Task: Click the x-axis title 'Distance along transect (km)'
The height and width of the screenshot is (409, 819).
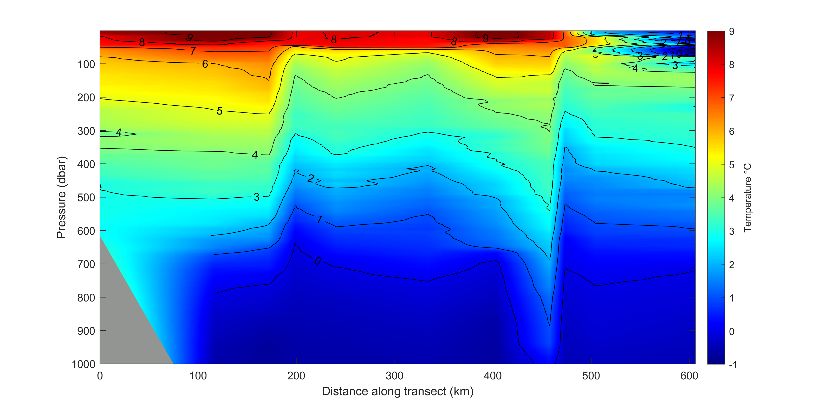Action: click(x=398, y=391)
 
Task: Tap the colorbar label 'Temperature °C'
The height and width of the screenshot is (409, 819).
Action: click(x=747, y=198)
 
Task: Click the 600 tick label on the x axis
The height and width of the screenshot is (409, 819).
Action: click(x=689, y=376)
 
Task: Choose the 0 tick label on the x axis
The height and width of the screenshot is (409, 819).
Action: click(x=100, y=376)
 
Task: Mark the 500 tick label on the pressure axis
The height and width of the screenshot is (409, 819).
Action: click(x=86, y=198)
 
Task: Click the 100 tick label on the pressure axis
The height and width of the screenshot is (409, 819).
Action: click(x=86, y=64)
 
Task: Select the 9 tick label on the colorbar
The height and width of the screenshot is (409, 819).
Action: click(x=732, y=31)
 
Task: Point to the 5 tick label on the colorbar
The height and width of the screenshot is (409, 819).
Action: click(x=732, y=165)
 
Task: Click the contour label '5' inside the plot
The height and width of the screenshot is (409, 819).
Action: click(x=219, y=111)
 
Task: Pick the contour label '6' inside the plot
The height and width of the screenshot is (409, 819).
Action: click(x=205, y=64)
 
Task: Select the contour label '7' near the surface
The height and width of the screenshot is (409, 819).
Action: click(x=193, y=51)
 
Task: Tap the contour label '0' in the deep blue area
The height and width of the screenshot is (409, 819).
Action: click(x=318, y=261)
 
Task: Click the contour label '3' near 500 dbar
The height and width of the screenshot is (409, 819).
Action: click(x=257, y=197)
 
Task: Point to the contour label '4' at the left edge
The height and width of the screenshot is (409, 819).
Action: click(x=119, y=132)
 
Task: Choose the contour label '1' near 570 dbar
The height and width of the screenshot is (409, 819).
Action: click(x=320, y=219)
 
